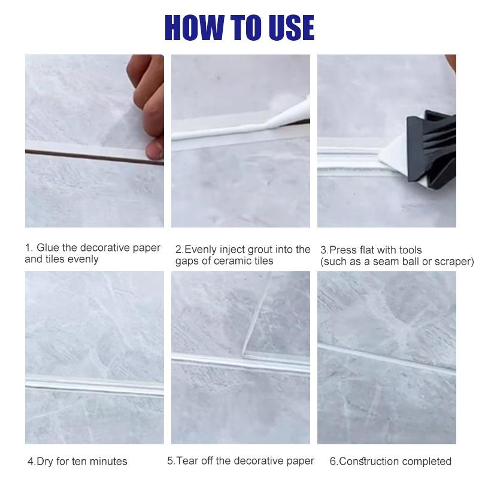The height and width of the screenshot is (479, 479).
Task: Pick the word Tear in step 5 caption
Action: point(187,460)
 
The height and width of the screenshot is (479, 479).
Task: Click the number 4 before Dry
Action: point(31,461)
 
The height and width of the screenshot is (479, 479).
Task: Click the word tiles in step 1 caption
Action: point(57,259)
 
